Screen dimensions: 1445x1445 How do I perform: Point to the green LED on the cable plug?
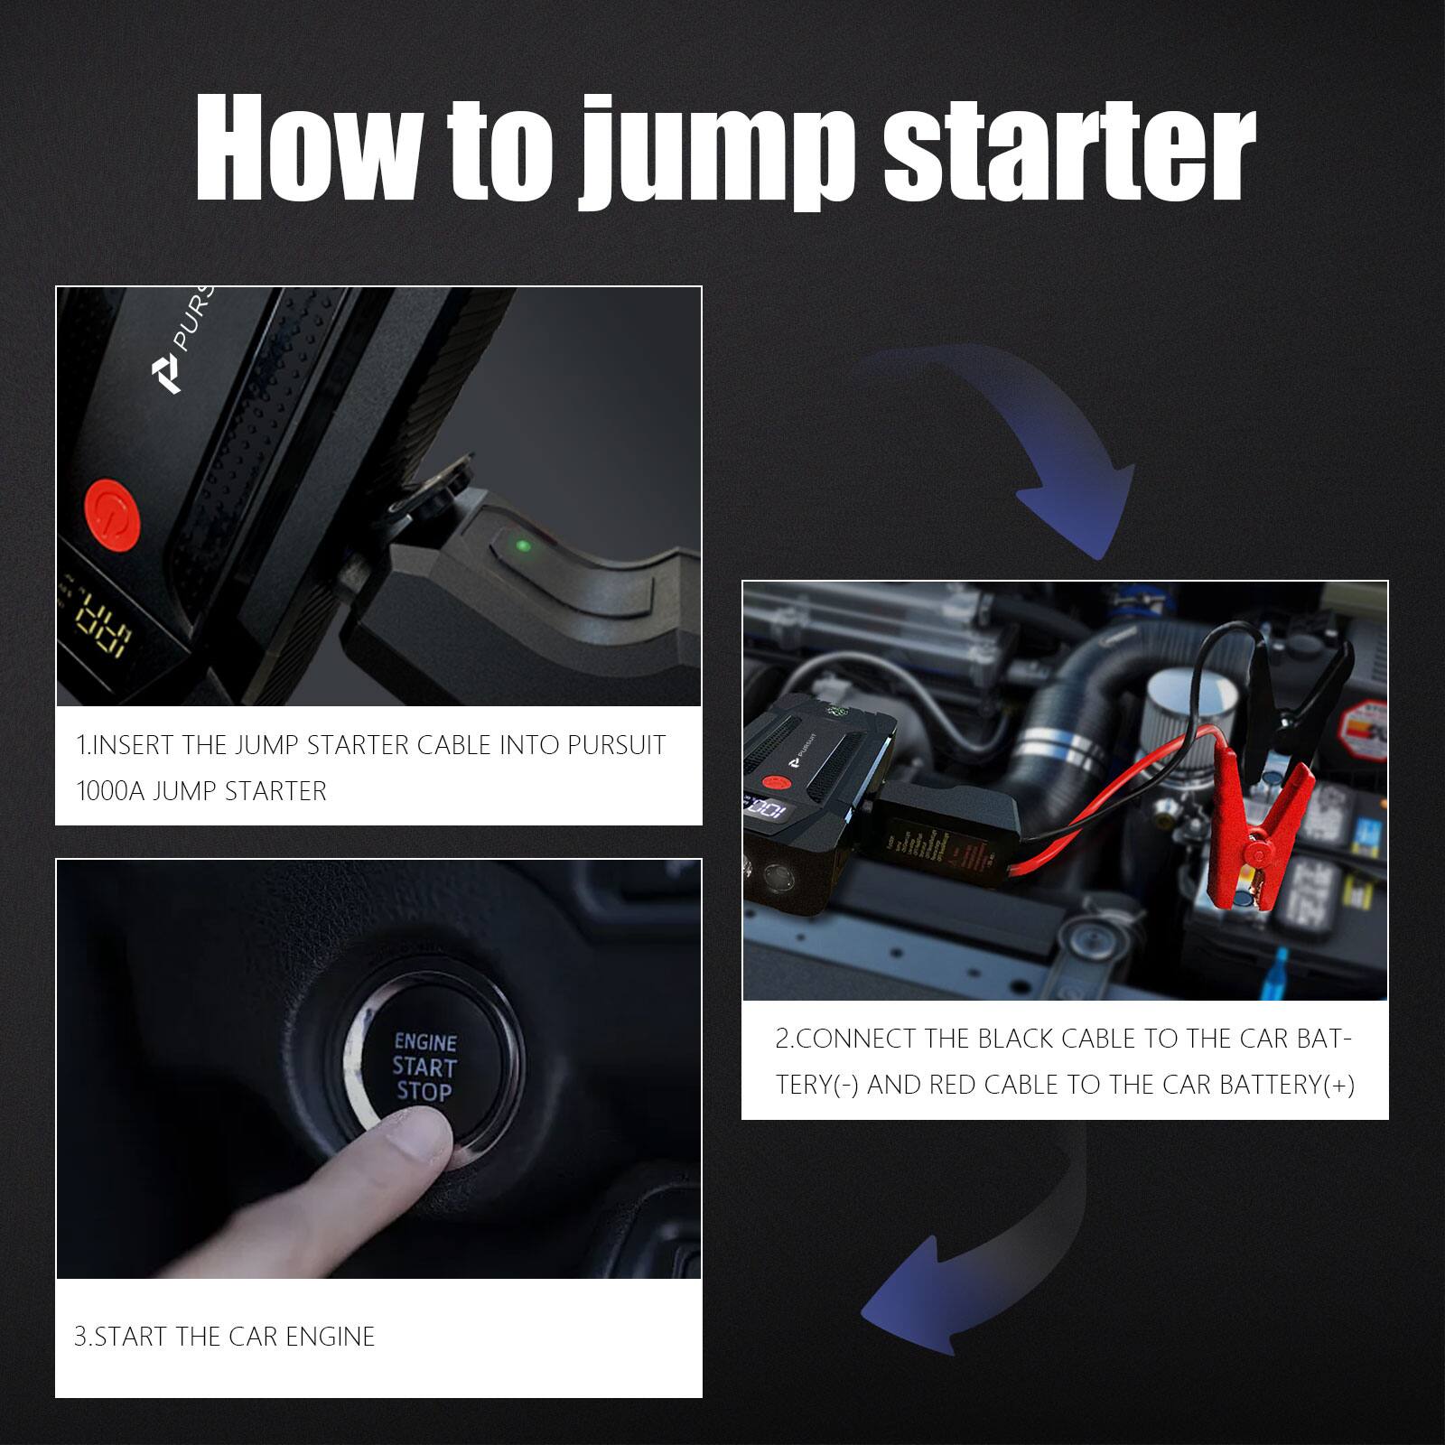[x=521, y=545]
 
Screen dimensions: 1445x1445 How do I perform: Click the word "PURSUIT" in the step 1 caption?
[x=616, y=745]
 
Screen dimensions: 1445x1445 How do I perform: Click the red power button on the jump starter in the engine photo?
[x=770, y=783]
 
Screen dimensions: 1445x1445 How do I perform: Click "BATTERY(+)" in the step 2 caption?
[x=1287, y=1085]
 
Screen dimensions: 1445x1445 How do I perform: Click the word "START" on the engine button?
[x=424, y=1067]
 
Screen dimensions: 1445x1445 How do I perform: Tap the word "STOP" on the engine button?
[x=424, y=1092]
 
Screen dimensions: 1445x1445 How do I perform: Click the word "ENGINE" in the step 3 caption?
[x=330, y=1337]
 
